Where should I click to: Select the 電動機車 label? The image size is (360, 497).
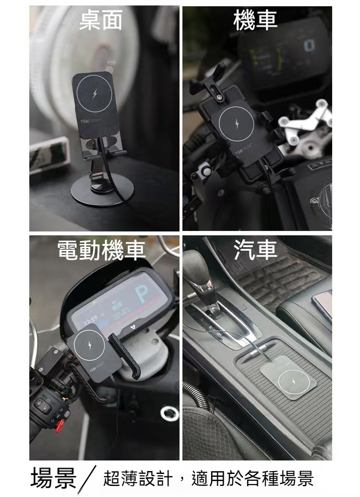tap(101, 251)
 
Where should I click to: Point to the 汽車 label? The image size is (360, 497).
tap(255, 251)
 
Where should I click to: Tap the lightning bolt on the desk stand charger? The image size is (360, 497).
tap(94, 93)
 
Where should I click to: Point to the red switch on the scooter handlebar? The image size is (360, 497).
tap(60, 424)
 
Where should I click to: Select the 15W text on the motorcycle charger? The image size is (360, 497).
tap(239, 153)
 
